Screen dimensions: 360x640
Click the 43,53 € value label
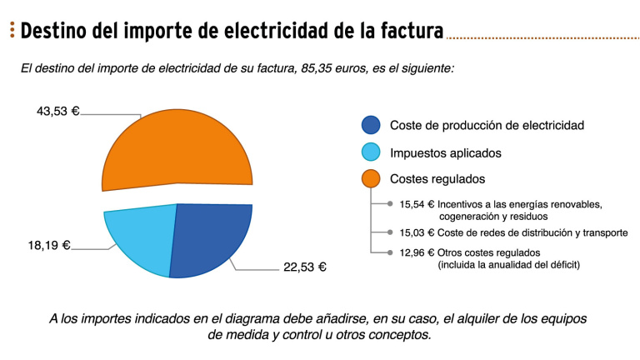[57, 110]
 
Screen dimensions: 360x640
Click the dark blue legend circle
[372, 126]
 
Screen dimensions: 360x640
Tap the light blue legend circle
[372, 152]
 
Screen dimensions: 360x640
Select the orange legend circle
[372, 179]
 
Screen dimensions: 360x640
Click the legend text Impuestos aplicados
[446, 152]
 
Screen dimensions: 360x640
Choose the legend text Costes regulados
[437, 179]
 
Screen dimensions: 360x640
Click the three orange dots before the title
[12, 32]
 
